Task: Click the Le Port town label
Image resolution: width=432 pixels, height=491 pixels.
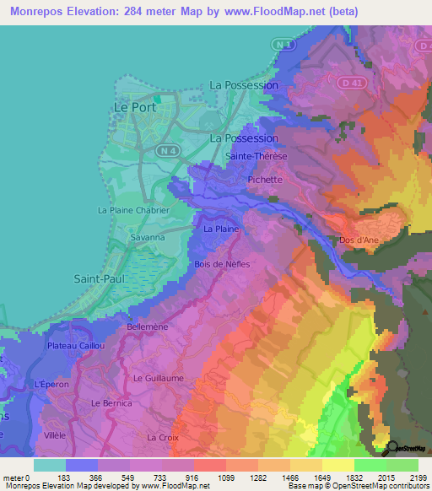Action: [x=131, y=107]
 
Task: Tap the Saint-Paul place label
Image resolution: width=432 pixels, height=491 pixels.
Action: [x=100, y=278]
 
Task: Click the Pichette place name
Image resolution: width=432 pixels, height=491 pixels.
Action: [x=266, y=179]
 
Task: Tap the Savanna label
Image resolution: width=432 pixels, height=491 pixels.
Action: [x=123, y=238]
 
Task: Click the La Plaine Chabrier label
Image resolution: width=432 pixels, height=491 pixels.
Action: [x=133, y=210]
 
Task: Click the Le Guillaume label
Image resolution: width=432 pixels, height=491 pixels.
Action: [x=158, y=379]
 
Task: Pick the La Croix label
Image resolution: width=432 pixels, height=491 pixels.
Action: [x=162, y=438]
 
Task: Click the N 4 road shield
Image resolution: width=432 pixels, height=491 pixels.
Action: [x=167, y=149]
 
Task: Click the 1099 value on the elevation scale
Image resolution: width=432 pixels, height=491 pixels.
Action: [x=209, y=478]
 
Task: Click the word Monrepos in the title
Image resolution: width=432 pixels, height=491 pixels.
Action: [x=41, y=12]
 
